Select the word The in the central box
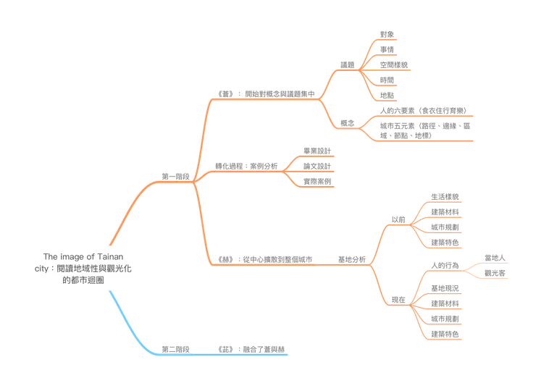pyautogui.click(x=49, y=256)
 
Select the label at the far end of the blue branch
pyautogui.click(x=252, y=348)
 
